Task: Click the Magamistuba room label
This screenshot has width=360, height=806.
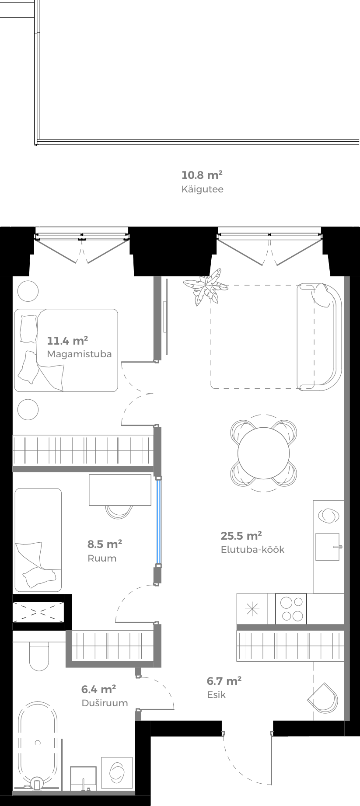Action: coord(79,354)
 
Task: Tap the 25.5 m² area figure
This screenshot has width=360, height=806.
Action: coord(241,536)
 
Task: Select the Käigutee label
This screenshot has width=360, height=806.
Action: coord(202,189)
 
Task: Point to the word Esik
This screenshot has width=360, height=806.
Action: coord(216,694)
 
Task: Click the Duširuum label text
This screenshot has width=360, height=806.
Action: coord(105,703)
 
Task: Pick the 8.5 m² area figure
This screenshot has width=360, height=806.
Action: coord(105,544)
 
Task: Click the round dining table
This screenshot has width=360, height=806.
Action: coord(264,453)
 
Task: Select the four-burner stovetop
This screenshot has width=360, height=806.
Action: coord(290,608)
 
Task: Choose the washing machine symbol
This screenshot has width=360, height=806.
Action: coord(117,773)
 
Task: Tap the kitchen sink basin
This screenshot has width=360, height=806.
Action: coord(327,546)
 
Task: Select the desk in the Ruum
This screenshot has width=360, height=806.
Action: coord(120,490)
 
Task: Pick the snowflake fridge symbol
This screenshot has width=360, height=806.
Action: coord(252,608)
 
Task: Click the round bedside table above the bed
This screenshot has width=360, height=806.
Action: coord(28,291)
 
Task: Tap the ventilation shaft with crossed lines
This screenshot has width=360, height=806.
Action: coord(38,612)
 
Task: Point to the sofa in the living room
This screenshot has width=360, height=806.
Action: coord(318,337)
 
